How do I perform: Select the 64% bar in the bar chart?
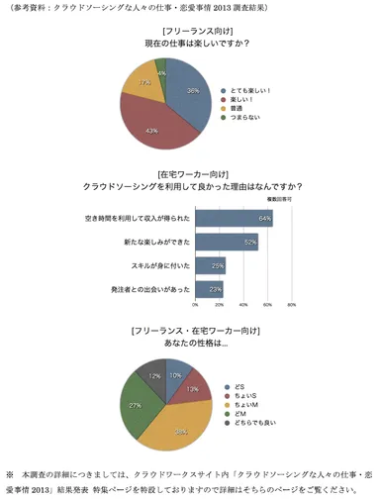234,217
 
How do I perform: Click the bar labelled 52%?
227,241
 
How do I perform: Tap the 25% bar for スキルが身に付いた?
211,264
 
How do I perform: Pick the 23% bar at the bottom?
209,288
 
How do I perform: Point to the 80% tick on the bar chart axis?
292,304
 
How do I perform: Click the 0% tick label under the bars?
199,304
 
